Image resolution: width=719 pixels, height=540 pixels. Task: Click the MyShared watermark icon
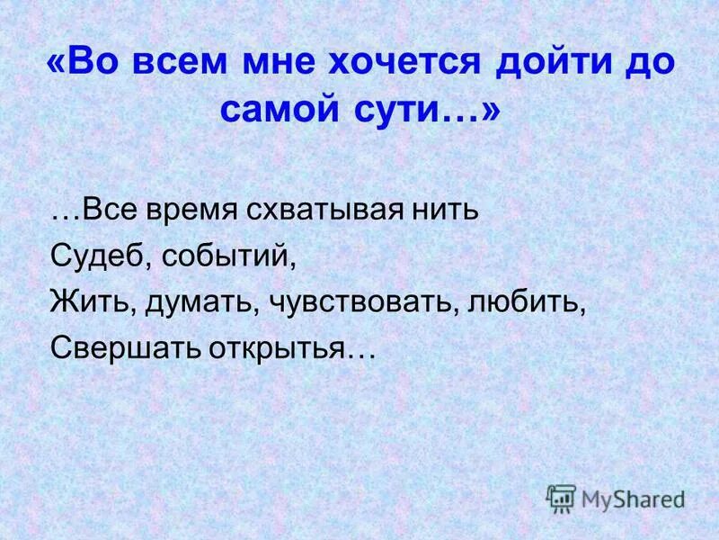(561, 498)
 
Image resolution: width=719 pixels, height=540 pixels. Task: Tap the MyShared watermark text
(633, 499)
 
